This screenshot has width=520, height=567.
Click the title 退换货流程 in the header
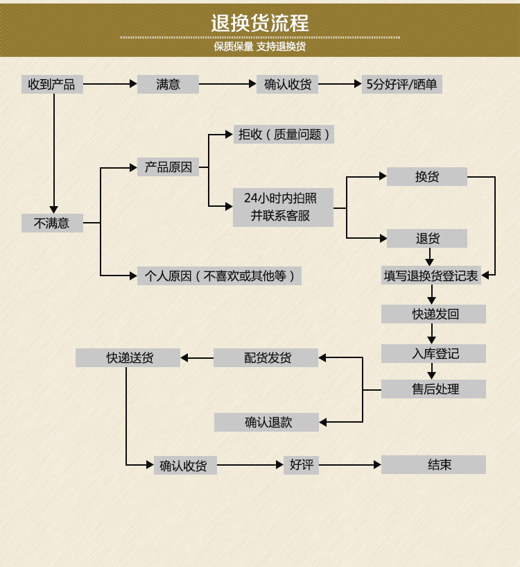(260, 23)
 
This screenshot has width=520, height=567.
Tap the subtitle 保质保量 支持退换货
(260, 47)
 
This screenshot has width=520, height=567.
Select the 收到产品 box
(51, 85)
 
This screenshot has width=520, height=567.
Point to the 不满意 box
(52, 223)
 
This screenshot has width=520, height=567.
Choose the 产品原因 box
(168, 167)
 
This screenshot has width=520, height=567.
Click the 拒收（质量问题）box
(284, 135)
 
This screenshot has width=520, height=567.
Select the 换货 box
(427, 177)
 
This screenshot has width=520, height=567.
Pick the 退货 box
(427, 239)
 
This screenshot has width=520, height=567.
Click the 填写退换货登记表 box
(431, 276)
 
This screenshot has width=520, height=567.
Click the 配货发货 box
(267, 358)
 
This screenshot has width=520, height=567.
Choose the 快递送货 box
(129, 358)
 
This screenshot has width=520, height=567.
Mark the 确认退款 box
(267, 422)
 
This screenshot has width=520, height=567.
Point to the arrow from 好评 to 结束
(350, 465)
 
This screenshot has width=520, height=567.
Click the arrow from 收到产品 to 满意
(110, 85)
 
